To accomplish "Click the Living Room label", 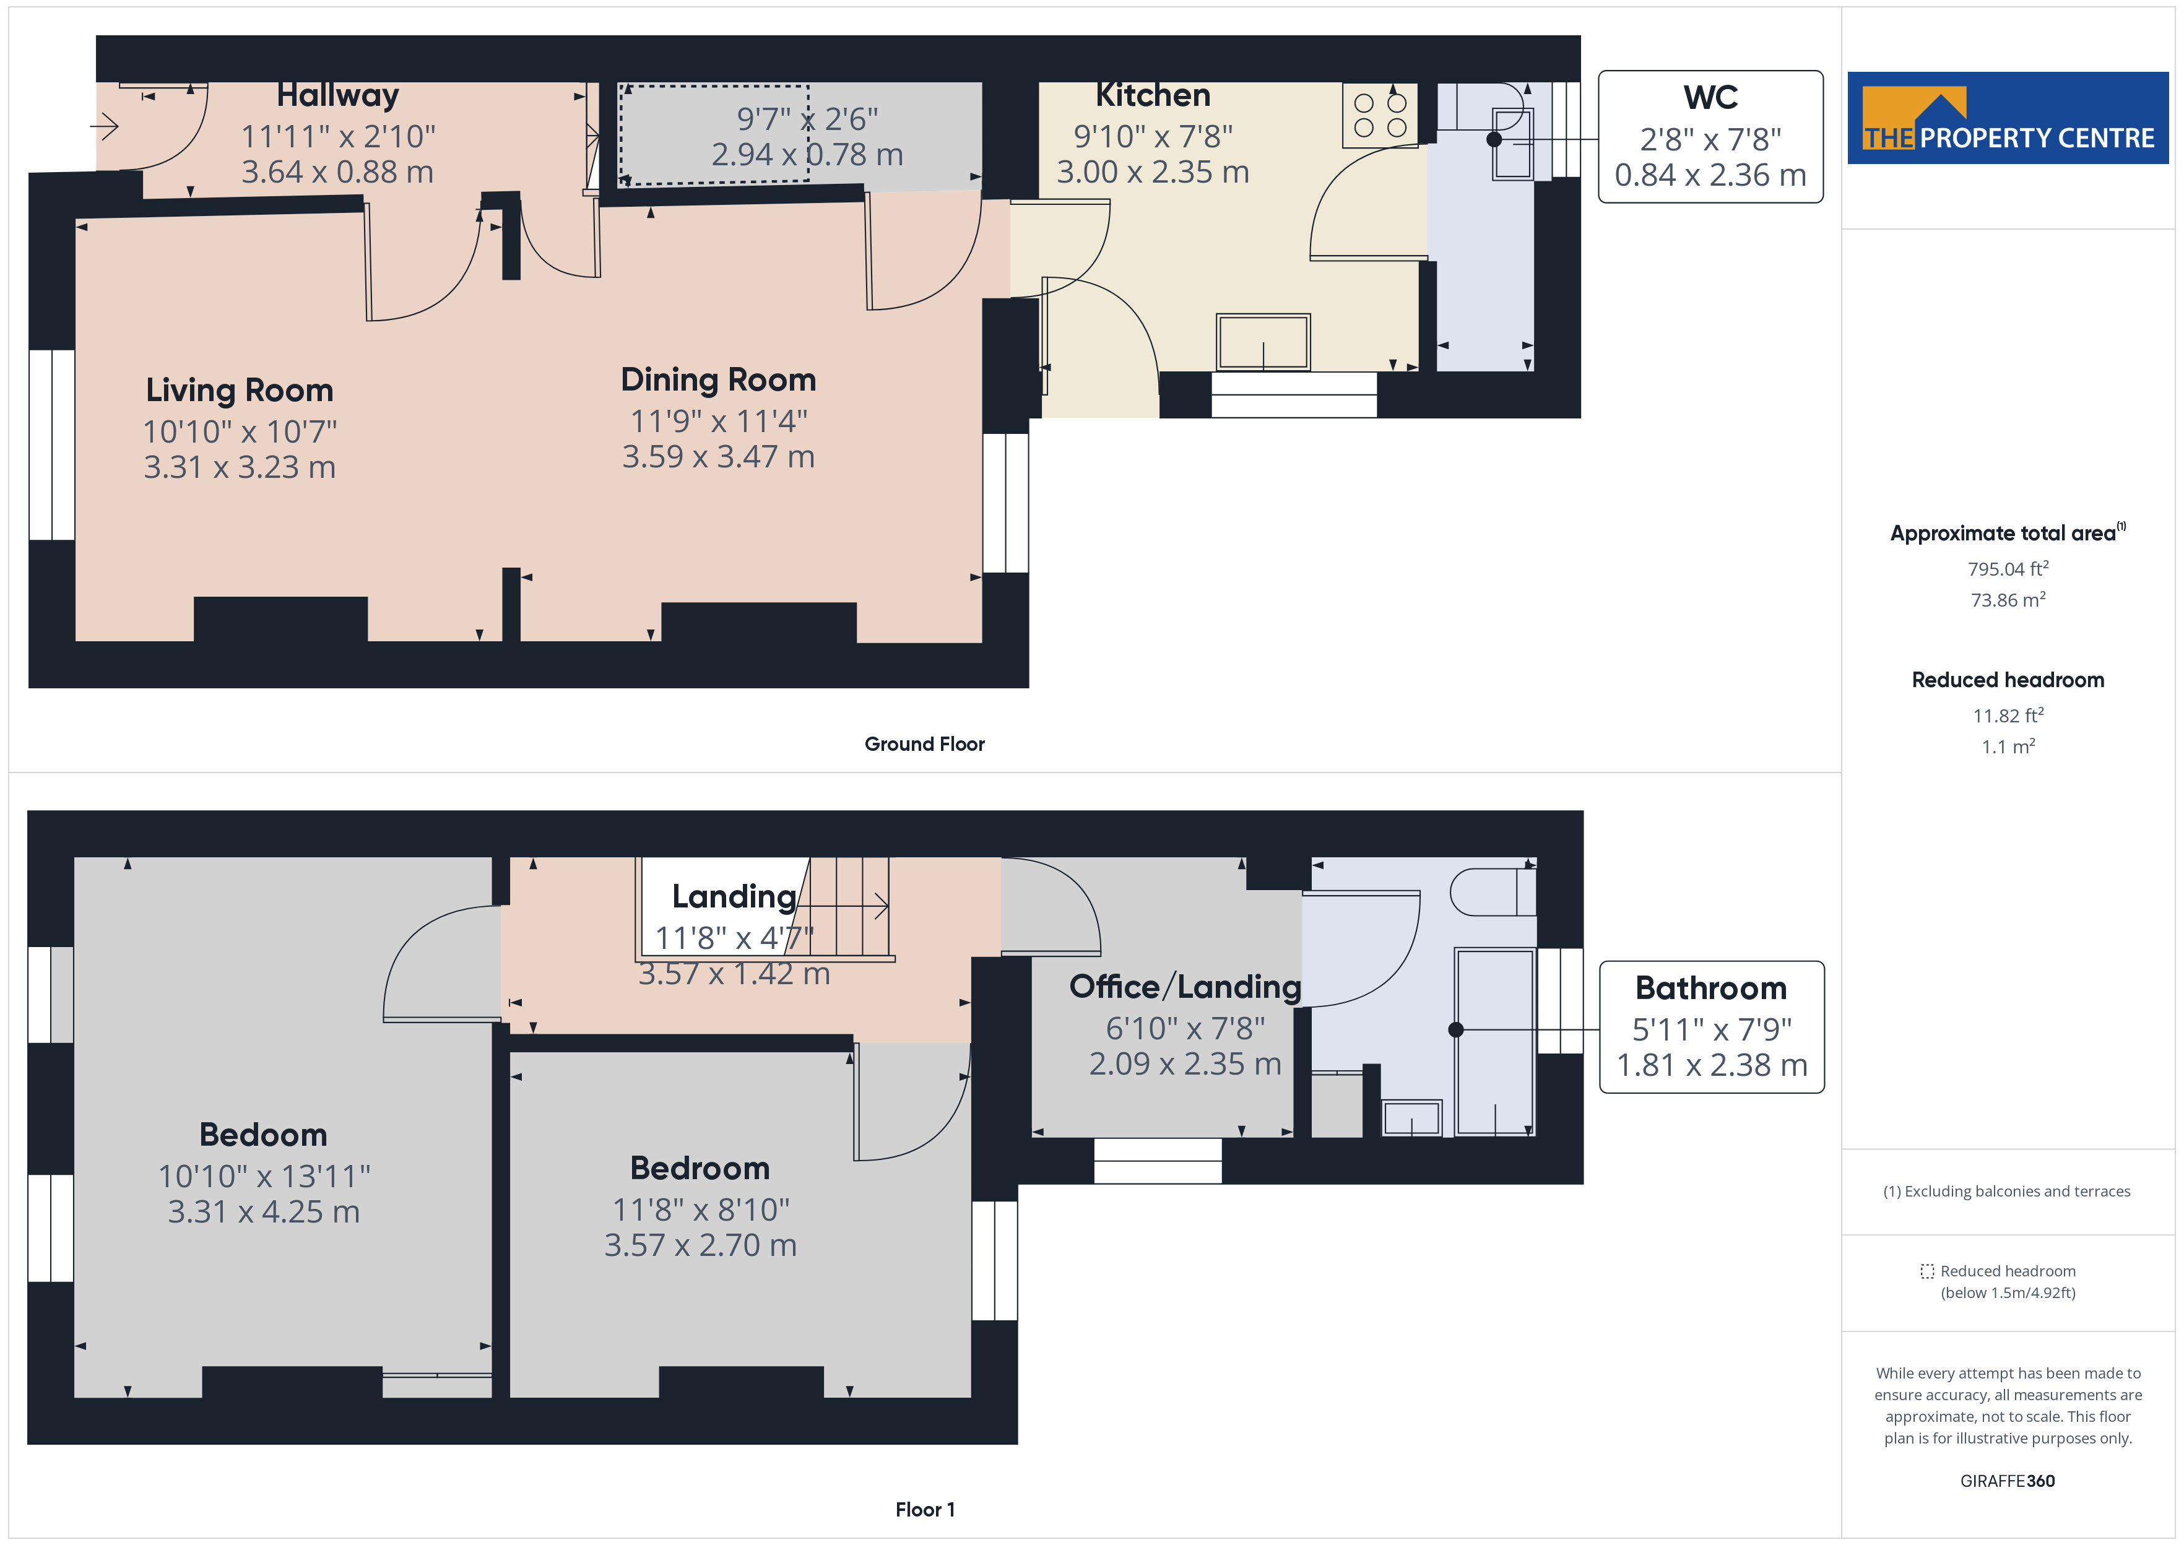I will tap(239, 390).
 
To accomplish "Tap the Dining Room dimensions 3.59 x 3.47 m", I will tap(718, 457).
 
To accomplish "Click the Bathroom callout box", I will tap(1710, 1026).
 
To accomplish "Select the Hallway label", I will tap(337, 95).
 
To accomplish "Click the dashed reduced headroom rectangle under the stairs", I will tap(713, 133).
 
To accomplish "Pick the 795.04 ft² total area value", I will tap(2007, 569).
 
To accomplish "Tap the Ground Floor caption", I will tap(924, 744).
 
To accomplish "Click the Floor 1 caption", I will tap(924, 1509).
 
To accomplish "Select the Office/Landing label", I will tap(1184, 987).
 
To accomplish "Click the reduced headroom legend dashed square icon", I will tap(1926, 1271).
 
